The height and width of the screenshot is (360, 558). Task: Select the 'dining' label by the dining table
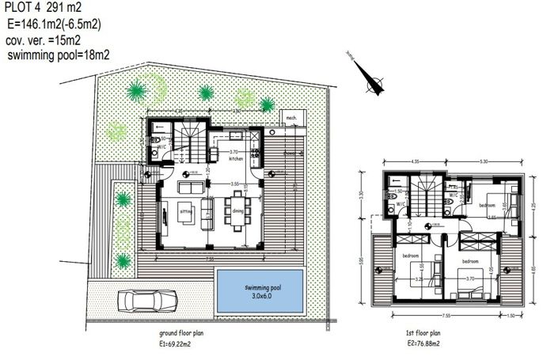(237, 210)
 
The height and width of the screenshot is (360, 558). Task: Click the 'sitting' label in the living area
(186, 213)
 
